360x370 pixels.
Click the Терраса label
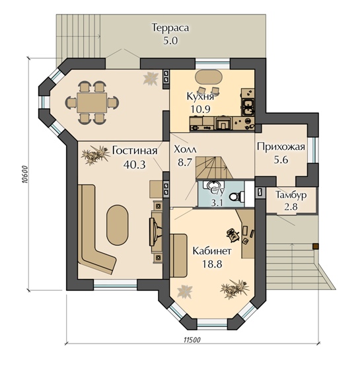[x=170, y=28]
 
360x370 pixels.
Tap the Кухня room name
[x=200, y=96]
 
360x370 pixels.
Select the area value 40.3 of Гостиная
[x=135, y=165]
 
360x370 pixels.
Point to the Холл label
[x=185, y=149]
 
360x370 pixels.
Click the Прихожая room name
[x=281, y=147]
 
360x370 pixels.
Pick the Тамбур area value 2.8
[x=291, y=207]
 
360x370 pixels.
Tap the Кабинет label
[x=212, y=251]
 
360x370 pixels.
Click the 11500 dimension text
[x=192, y=340]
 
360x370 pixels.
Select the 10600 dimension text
[x=24, y=174]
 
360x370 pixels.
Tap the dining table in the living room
[x=92, y=102]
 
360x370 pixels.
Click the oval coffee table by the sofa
[x=118, y=225]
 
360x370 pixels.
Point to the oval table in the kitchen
[x=209, y=77]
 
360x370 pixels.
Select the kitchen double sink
[x=247, y=107]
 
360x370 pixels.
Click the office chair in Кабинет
[x=233, y=235]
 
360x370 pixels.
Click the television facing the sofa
[x=155, y=231]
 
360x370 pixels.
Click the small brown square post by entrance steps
[x=315, y=246]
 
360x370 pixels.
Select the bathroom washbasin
[x=214, y=186]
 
